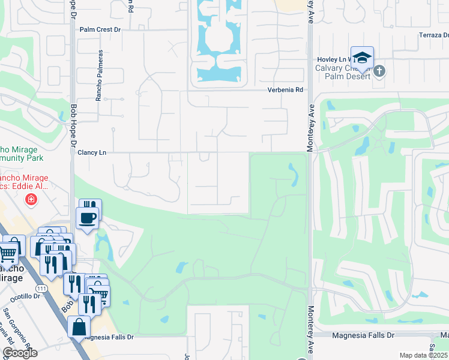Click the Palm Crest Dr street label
coord(100,29)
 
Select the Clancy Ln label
coord(92,153)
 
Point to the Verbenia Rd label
coord(285,90)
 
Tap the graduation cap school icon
coord(362,58)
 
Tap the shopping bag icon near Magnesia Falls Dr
coord(79,328)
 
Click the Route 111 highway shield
coord(41,289)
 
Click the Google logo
coord(20,353)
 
